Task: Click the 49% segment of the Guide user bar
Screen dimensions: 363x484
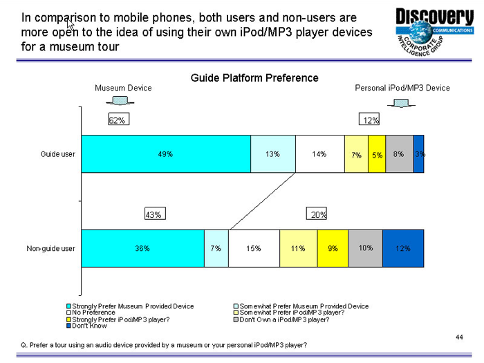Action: point(166,154)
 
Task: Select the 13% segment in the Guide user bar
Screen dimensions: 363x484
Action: point(272,154)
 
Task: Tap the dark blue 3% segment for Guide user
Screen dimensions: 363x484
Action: point(418,154)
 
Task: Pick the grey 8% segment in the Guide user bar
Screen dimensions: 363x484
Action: point(399,154)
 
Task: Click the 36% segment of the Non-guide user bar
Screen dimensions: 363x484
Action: point(142,248)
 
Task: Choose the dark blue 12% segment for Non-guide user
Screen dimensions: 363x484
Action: point(402,248)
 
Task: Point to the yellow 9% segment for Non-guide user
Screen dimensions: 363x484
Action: point(333,248)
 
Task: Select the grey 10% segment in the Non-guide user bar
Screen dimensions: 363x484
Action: point(365,248)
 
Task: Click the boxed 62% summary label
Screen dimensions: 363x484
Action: point(117,121)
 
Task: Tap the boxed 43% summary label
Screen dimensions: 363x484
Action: point(153,215)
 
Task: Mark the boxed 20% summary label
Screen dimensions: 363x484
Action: point(318,215)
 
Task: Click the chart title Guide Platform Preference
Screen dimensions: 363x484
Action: point(254,78)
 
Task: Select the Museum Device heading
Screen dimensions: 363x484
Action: point(123,89)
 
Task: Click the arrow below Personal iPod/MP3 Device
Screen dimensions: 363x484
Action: point(402,102)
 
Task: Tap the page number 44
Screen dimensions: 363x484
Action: point(459,337)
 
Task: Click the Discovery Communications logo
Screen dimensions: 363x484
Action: point(434,31)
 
